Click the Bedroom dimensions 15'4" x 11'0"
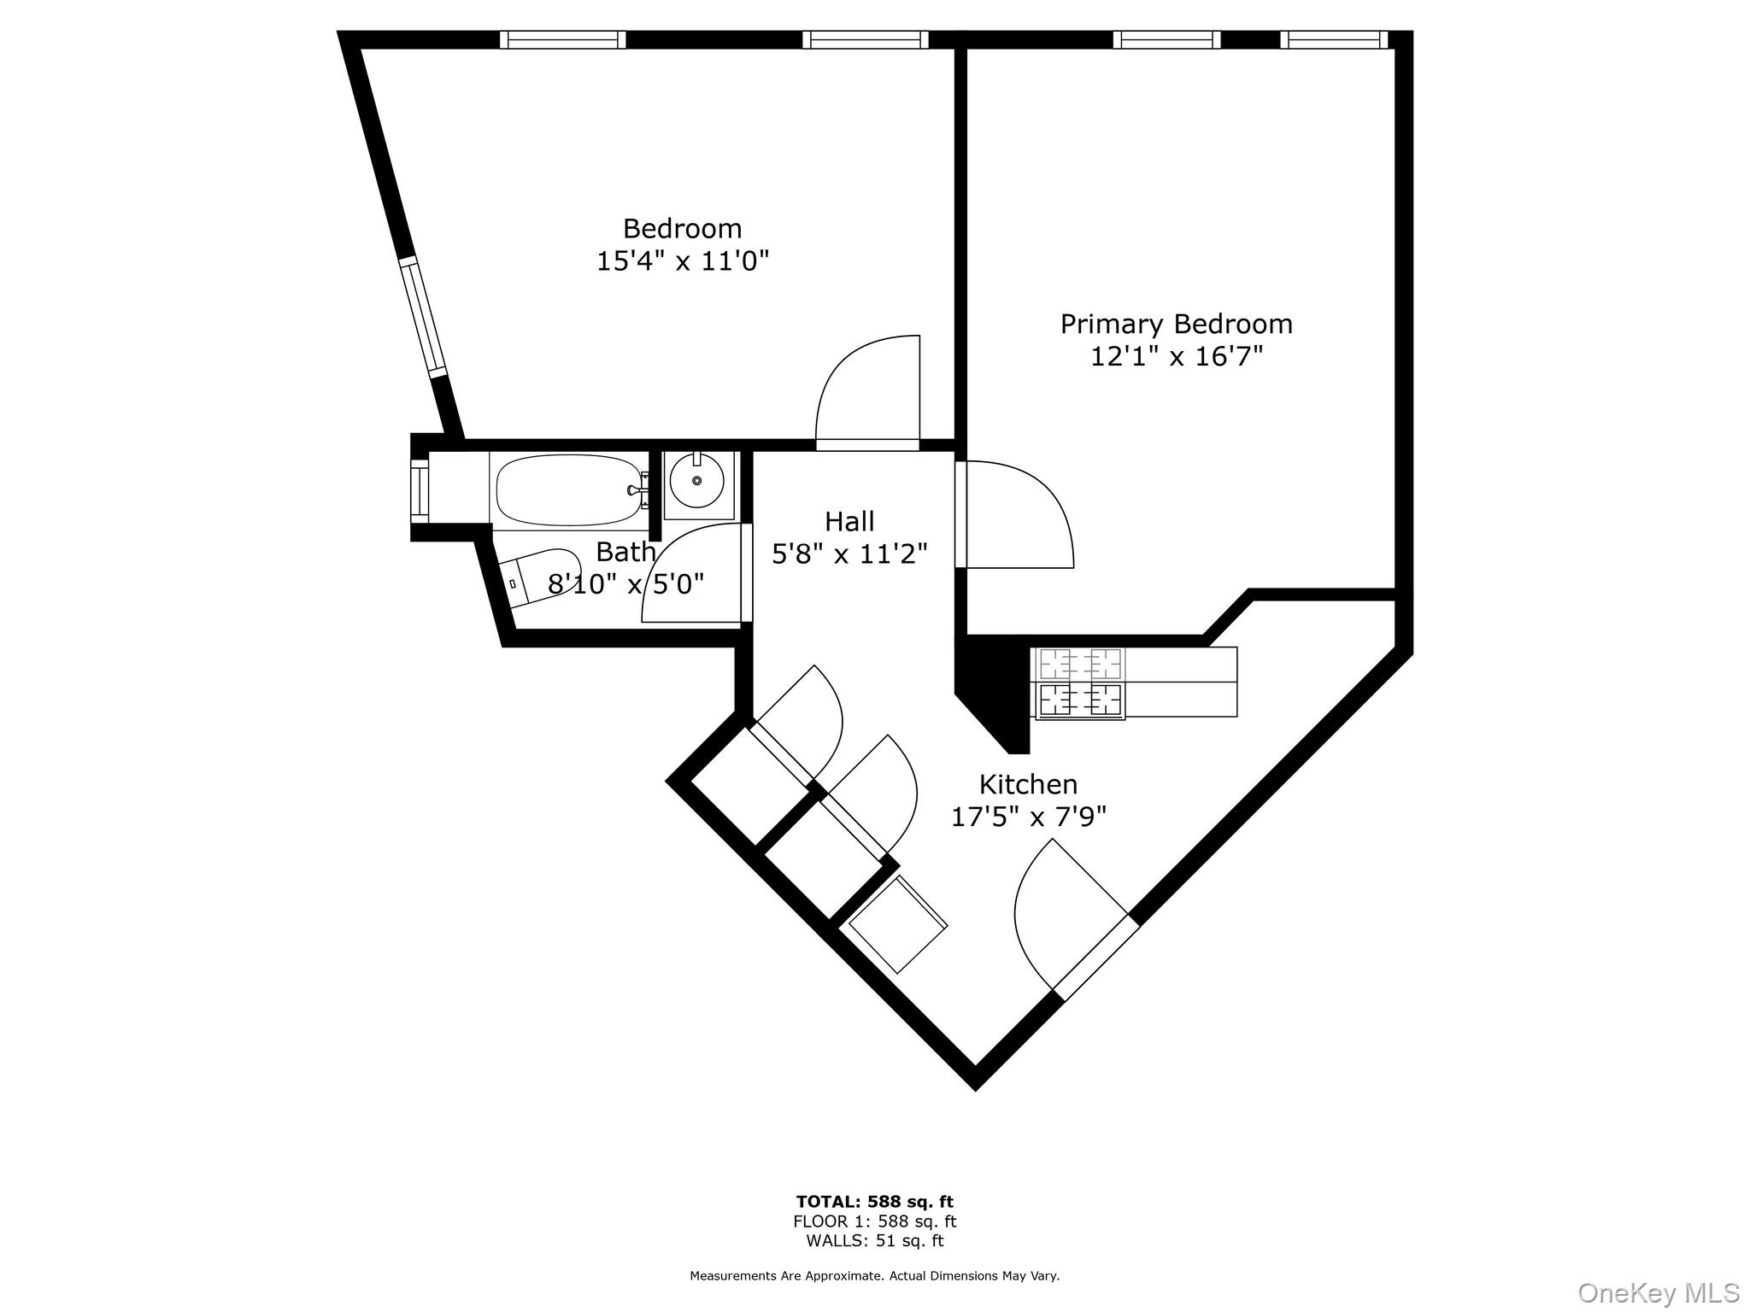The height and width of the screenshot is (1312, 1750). point(682,261)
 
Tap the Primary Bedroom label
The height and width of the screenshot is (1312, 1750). point(1176,324)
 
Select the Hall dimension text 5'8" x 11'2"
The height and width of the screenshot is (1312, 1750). point(849,554)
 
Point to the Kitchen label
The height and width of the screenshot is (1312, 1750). point(1028,784)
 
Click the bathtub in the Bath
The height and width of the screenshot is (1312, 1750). point(568,490)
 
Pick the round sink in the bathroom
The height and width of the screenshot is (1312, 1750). point(696,481)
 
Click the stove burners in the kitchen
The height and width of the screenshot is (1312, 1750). point(1080,682)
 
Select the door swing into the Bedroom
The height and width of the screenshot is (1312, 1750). point(867,393)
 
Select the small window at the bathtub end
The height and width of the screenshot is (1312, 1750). point(420,490)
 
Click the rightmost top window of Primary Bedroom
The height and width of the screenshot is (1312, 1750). point(1334,39)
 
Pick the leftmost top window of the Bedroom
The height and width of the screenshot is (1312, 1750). point(562,39)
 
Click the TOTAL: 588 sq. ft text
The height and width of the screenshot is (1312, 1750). point(874,1202)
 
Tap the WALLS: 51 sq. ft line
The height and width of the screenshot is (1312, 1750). point(874,1240)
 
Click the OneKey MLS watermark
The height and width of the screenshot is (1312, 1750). point(1658,1292)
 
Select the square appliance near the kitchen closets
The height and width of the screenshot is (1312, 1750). point(896,925)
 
